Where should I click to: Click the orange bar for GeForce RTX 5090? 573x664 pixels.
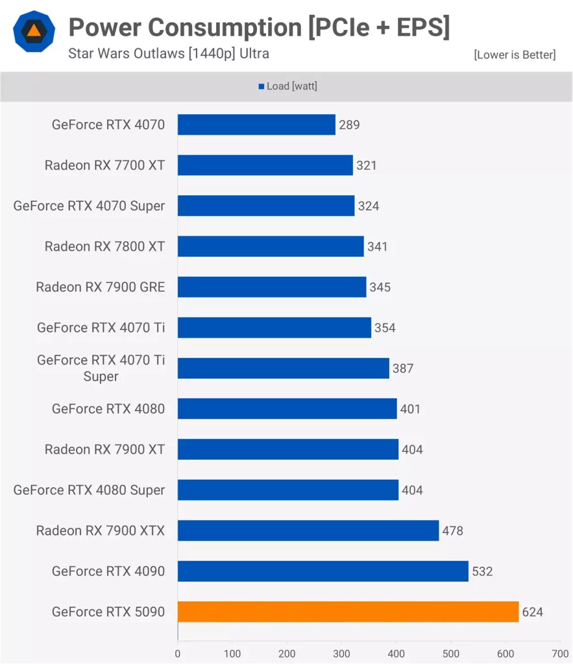click(348, 611)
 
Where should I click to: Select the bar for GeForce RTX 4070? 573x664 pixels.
click(256, 124)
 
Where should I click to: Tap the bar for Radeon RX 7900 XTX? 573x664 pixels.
click(308, 530)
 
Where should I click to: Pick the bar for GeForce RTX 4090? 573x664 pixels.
click(323, 571)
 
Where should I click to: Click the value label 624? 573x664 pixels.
click(533, 611)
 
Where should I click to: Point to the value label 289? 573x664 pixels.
click(349, 124)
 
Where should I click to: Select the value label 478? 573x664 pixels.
click(453, 530)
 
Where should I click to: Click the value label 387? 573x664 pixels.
click(402, 368)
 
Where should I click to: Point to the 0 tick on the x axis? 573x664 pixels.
click(178, 654)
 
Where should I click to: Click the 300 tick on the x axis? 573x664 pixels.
click(342, 654)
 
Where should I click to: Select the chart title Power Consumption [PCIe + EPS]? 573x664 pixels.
click(259, 27)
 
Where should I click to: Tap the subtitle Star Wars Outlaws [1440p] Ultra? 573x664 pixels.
click(169, 53)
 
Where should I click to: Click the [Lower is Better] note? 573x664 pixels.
click(515, 54)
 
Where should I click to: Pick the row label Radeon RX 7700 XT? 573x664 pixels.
click(104, 165)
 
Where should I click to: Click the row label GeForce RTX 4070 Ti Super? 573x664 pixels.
click(101, 368)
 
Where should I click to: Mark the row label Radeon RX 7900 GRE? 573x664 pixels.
click(100, 287)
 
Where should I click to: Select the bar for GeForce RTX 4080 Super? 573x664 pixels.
click(288, 490)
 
